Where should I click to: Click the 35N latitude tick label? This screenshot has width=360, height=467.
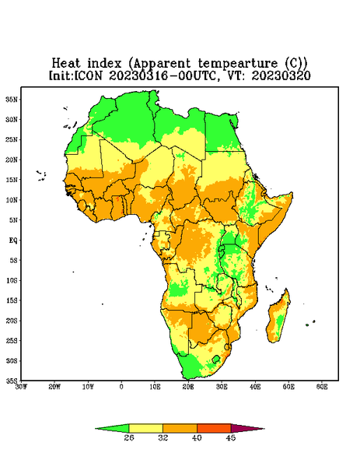click(x=12, y=99)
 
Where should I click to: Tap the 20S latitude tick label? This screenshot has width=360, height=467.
click(x=12, y=321)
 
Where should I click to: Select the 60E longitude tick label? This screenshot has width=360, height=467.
click(x=322, y=387)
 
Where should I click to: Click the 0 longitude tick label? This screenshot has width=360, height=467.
click(x=121, y=387)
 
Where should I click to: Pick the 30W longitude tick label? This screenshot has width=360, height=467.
click(x=21, y=387)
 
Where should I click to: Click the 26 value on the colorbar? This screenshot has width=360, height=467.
click(x=129, y=437)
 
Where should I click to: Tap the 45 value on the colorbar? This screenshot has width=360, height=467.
click(x=231, y=437)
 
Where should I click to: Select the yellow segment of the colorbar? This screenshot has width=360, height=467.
click(x=145, y=428)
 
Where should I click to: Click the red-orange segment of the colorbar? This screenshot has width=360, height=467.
click(x=214, y=428)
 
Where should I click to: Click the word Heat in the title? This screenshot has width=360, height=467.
click(x=66, y=64)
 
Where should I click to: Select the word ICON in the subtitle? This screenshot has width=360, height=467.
click(x=88, y=75)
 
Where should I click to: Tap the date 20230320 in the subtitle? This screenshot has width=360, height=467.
click(x=281, y=75)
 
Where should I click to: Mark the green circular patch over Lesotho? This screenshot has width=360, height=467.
click(x=216, y=359)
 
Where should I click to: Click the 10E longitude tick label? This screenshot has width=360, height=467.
click(x=155, y=387)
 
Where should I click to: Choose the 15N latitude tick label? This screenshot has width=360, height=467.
click(x=12, y=180)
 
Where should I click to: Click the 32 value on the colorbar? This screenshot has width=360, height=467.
click(x=163, y=437)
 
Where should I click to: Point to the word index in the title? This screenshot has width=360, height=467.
click(x=105, y=64)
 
